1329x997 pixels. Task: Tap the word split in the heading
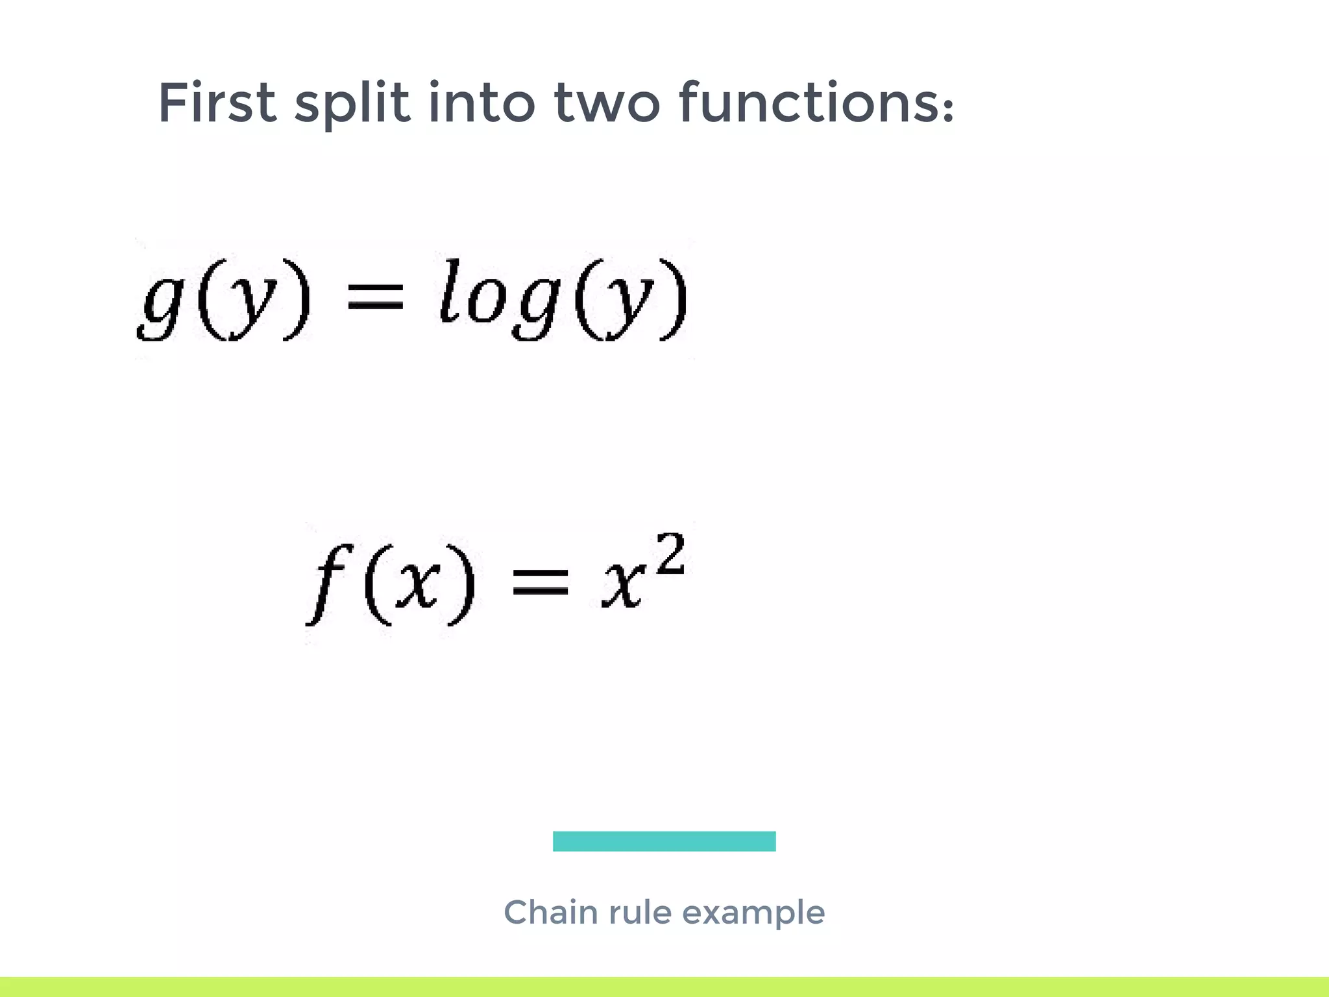click(x=352, y=104)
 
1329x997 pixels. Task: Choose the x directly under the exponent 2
click(x=623, y=584)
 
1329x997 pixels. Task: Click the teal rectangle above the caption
click(x=664, y=841)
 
